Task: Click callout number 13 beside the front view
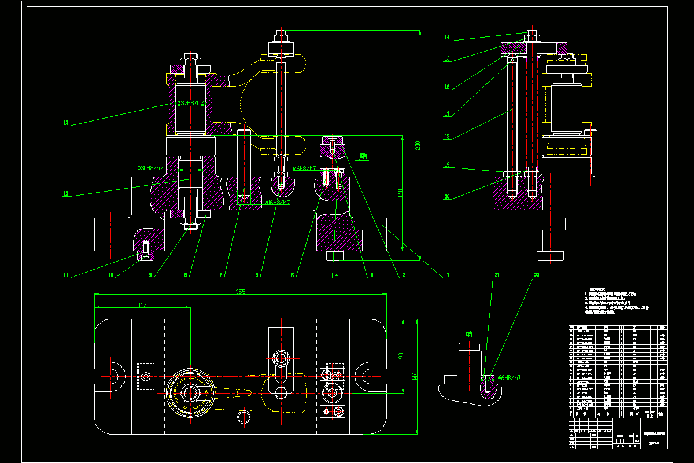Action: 66,123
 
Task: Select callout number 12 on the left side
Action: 66,193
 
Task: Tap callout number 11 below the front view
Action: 66,275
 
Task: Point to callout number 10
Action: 110,275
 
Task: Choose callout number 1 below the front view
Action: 446,275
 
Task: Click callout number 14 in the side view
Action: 447,38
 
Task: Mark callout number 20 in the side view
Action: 447,196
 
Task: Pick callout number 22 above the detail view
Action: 536,275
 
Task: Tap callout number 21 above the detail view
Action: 497,275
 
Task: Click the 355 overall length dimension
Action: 241,292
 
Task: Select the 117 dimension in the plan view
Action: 142,305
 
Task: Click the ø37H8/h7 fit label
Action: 190,103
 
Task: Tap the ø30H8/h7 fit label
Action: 150,168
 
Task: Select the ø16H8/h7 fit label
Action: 276,203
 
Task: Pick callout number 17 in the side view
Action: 447,113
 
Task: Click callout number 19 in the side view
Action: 447,164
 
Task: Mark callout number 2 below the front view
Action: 405,275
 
